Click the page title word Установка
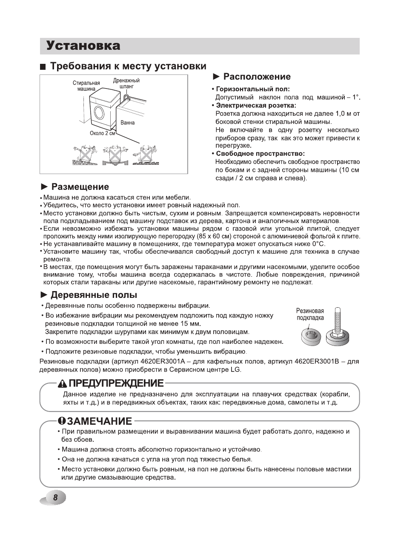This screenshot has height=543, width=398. click(x=83, y=46)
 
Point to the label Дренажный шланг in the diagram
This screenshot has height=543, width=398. click(x=126, y=83)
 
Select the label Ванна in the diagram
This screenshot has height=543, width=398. click(x=127, y=123)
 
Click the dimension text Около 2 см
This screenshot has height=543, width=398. click(x=103, y=133)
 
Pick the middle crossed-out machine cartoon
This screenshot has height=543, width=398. click(x=114, y=154)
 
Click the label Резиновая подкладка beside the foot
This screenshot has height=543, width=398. click(x=310, y=314)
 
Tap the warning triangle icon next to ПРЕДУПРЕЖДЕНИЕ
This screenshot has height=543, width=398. click(x=63, y=383)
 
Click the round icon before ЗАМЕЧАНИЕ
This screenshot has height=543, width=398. click(x=62, y=421)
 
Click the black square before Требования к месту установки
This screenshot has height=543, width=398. click(x=43, y=67)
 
